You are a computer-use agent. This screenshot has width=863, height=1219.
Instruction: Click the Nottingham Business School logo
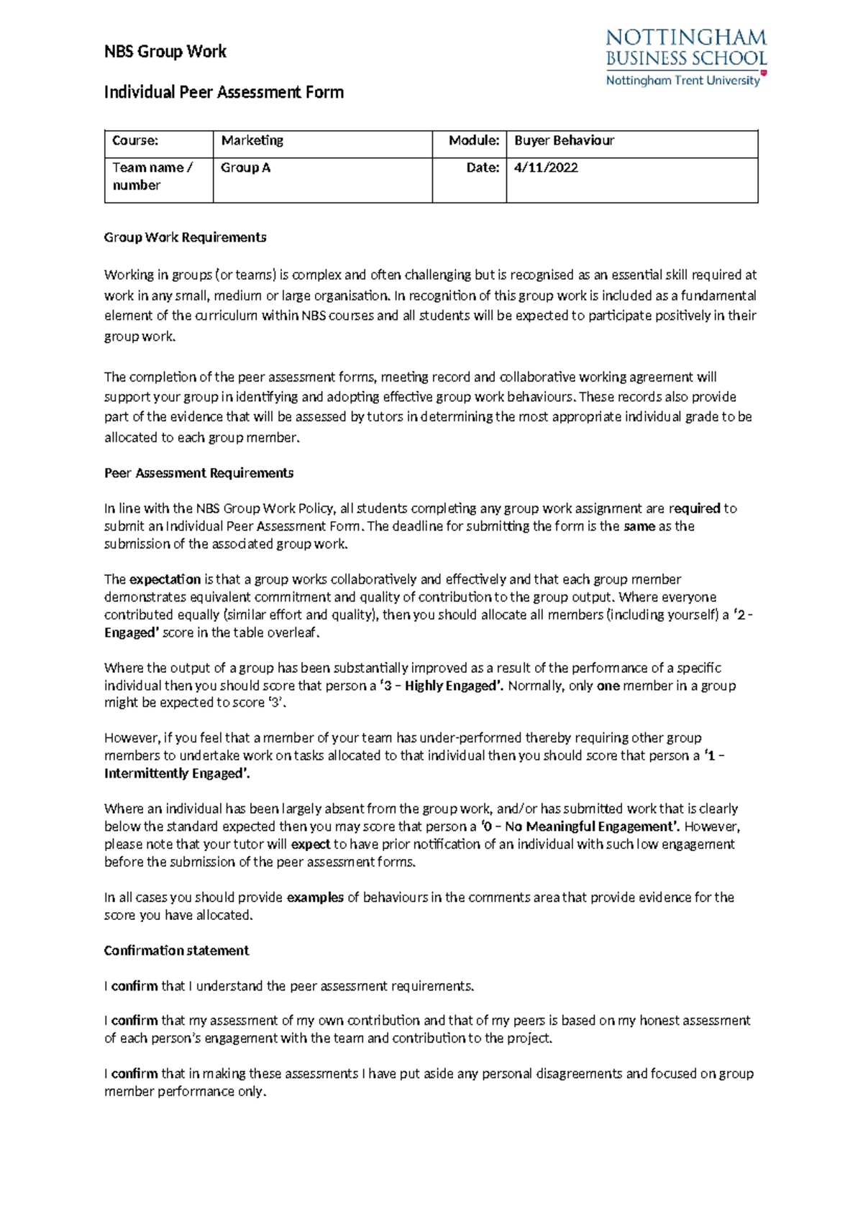coord(686,57)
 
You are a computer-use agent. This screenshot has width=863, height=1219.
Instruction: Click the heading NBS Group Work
coord(165,52)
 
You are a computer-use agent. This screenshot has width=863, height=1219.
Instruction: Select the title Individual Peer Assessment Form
coord(224,92)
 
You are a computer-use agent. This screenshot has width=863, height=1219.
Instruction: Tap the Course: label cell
coord(135,141)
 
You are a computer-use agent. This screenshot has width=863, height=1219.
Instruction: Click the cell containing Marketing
coord(252,141)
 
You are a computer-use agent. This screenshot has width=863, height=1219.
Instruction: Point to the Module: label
coord(473,141)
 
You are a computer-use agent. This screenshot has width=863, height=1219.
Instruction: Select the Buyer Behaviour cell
coord(564,141)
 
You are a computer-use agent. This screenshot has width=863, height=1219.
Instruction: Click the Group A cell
coord(246,167)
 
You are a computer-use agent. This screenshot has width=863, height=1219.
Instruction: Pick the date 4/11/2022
coord(546,167)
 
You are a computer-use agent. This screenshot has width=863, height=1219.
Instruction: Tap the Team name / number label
coord(152,176)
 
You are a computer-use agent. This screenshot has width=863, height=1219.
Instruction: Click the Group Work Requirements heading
coord(185,237)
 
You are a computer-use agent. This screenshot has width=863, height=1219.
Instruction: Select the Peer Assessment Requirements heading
coord(198,473)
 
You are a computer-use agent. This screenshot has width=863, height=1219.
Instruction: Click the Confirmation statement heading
coord(176,950)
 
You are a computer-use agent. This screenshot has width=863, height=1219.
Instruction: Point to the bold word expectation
coord(165,579)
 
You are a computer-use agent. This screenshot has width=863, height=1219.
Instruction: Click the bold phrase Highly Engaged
coord(451,686)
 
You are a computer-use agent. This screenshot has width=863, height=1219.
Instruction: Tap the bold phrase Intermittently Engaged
coord(176,773)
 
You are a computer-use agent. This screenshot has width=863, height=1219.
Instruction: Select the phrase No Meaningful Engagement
coord(591,827)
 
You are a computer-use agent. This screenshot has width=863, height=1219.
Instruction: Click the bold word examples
coord(315,897)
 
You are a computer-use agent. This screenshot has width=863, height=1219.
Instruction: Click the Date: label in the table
coord(482,167)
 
